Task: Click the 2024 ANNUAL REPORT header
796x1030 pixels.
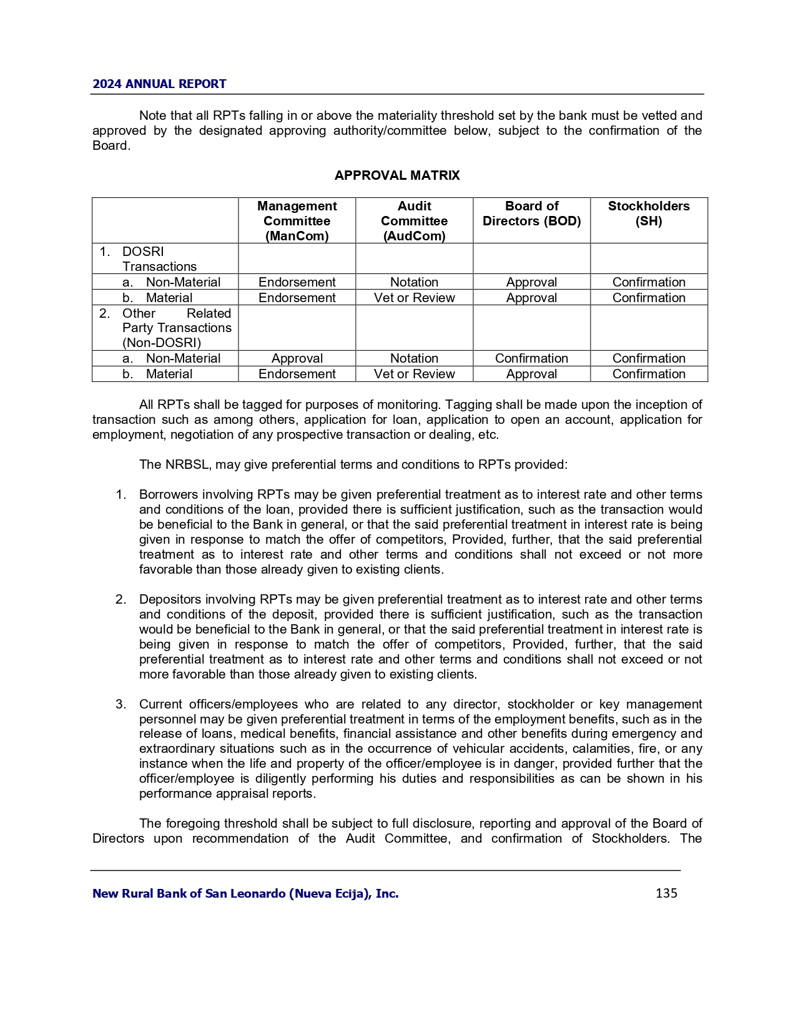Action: tap(159, 84)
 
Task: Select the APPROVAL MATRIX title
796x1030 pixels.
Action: tap(397, 175)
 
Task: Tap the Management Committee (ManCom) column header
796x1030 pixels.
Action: tap(297, 221)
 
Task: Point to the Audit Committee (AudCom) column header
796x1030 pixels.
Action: tap(414, 221)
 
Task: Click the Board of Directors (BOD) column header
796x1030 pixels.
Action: tap(531, 213)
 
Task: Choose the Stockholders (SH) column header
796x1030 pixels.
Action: tap(649, 213)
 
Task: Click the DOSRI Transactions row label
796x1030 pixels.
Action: tap(159, 259)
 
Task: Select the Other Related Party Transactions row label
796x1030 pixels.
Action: tap(177, 328)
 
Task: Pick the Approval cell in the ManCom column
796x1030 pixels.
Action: tap(297, 358)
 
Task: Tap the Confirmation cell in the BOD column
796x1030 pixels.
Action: tap(531, 358)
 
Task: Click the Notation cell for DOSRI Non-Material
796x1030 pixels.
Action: tap(414, 282)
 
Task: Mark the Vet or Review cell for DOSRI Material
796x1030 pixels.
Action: tap(414, 298)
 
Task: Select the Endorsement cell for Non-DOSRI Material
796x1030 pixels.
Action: tap(297, 374)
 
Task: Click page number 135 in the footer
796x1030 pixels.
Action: tap(666, 893)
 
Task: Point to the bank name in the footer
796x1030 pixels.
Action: tap(245, 893)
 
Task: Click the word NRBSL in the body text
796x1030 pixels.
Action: tap(185, 464)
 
